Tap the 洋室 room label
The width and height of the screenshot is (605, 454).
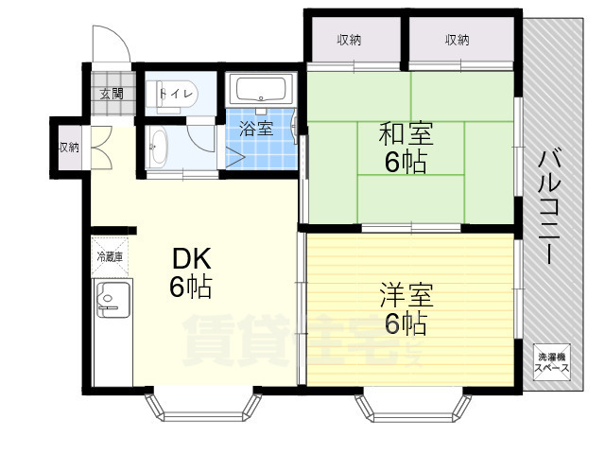tap(406, 293)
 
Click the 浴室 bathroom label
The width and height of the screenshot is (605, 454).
tap(254, 129)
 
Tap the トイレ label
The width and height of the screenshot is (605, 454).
tap(177, 94)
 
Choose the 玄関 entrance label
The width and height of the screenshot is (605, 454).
tap(112, 93)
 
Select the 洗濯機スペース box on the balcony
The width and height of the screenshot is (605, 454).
tap(552, 363)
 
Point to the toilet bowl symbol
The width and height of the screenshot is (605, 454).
tap(156, 95)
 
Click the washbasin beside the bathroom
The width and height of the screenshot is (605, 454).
tap(157, 148)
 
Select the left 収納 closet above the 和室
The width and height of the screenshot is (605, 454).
tap(350, 40)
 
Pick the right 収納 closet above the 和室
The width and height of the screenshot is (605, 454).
tap(458, 40)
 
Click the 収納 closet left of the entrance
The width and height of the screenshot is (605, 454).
tap(68, 147)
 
